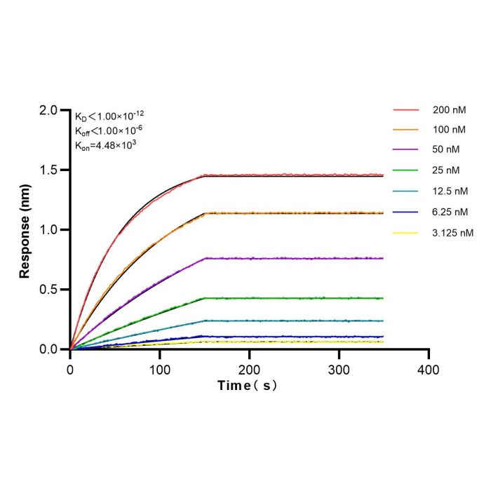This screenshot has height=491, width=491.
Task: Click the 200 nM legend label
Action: (450, 110)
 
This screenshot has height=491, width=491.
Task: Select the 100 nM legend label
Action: (449, 130)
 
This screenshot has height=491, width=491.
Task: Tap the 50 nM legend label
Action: (446, 149)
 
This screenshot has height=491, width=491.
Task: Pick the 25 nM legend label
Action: (446, 170)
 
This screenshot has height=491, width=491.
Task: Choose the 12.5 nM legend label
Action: (450, 191)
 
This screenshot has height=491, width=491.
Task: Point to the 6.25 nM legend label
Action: (450, 212)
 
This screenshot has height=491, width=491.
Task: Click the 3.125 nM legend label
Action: (453, 233)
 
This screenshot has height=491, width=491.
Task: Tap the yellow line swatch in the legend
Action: (405, 233)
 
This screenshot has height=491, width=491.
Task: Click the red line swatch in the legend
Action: (406, 110)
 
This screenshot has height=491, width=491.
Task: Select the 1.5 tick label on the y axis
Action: (48, 170)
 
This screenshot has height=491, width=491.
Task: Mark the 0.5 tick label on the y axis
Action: (48, 290)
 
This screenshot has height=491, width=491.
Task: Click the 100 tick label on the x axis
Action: (160, 370)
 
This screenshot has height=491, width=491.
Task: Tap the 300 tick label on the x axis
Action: (339, 370)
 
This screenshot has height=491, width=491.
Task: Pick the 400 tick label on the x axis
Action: (429, 370)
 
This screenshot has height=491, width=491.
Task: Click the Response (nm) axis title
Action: (25, 231)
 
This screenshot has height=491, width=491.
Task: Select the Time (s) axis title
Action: (248, 386)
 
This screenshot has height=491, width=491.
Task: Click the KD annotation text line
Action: (109, 116)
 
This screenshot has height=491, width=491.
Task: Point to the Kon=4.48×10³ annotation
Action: (105, 145)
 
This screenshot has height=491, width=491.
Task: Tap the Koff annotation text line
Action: (109, 130)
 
